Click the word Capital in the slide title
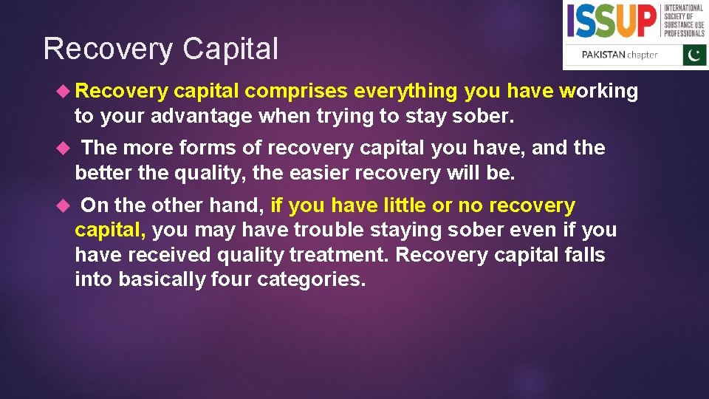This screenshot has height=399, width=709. [230, 50]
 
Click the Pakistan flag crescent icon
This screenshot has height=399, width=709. [693, 55]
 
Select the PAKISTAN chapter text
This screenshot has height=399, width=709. [620, 55]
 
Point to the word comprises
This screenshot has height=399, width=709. [296, 91]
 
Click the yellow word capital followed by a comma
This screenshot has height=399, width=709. [111, 231]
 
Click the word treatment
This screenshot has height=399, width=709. [338, 256]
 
